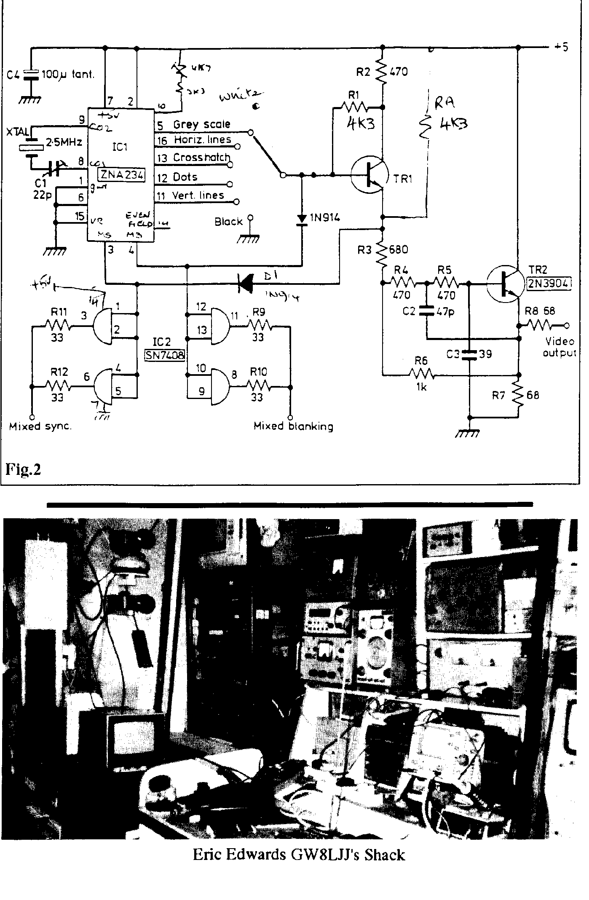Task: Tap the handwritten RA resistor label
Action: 445,103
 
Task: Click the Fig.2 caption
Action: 23,469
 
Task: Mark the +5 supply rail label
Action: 561,47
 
